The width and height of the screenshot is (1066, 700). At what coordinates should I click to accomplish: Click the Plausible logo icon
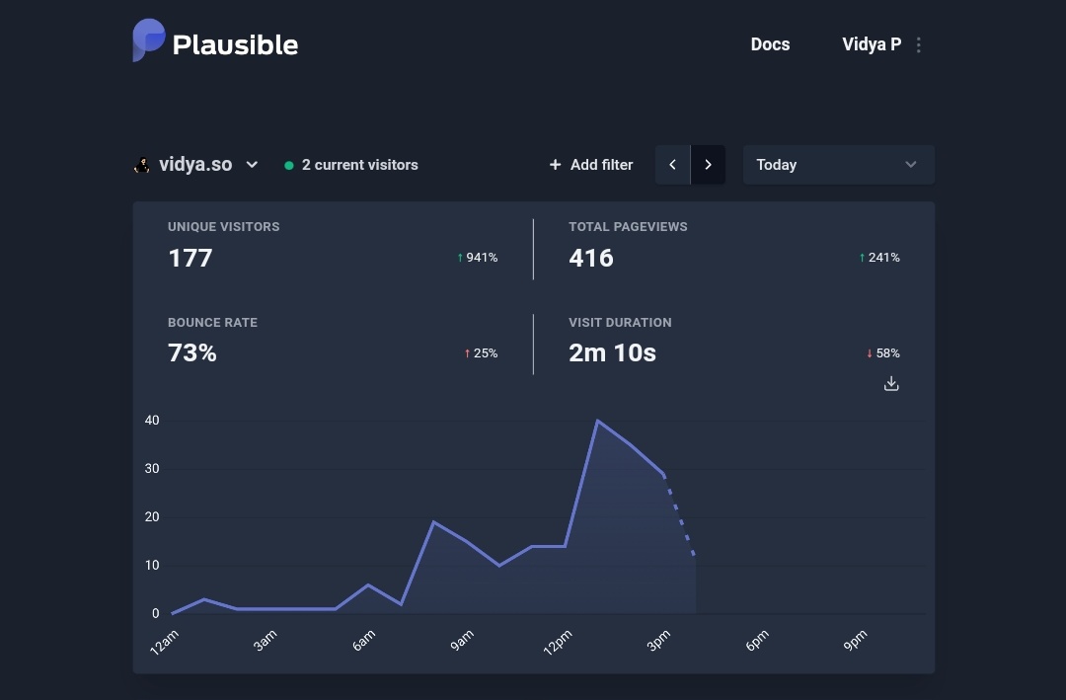pos(149,40)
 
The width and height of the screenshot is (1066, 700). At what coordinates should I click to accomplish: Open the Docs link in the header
pos(770,44)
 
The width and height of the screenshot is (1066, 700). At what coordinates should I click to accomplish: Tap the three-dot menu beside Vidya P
pos(919,45)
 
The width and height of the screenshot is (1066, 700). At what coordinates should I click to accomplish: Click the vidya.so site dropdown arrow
pos(252,165)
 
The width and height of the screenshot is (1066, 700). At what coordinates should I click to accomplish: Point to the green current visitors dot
pos(289,166)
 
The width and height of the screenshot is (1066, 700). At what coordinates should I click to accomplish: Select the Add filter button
pos(591,165)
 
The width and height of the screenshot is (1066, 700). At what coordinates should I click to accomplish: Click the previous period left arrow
pos(673,165)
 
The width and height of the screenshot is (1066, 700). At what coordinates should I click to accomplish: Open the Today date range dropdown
pos(838,165)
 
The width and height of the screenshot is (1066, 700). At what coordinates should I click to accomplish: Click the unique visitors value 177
pos(190,258)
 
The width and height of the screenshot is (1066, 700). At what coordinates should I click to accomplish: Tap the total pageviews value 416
pos(591,258)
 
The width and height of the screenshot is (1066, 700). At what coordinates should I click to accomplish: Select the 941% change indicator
pos(478,258)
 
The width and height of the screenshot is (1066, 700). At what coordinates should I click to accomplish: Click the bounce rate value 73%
pos(192,352)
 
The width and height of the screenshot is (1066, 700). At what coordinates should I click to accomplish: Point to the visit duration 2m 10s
pos(612,352)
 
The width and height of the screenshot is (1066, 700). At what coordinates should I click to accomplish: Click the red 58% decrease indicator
pos(883,353)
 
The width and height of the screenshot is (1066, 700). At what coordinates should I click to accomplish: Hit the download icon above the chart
pos(891,384)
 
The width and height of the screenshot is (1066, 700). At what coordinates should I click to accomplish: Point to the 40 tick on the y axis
pos(152,421)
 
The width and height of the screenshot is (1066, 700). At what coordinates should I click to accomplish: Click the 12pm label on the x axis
pos(558,643)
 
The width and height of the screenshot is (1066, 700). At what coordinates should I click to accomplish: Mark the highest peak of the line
pos(597,421)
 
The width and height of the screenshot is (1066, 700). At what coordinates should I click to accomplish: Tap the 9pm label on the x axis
pos(855,641)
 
